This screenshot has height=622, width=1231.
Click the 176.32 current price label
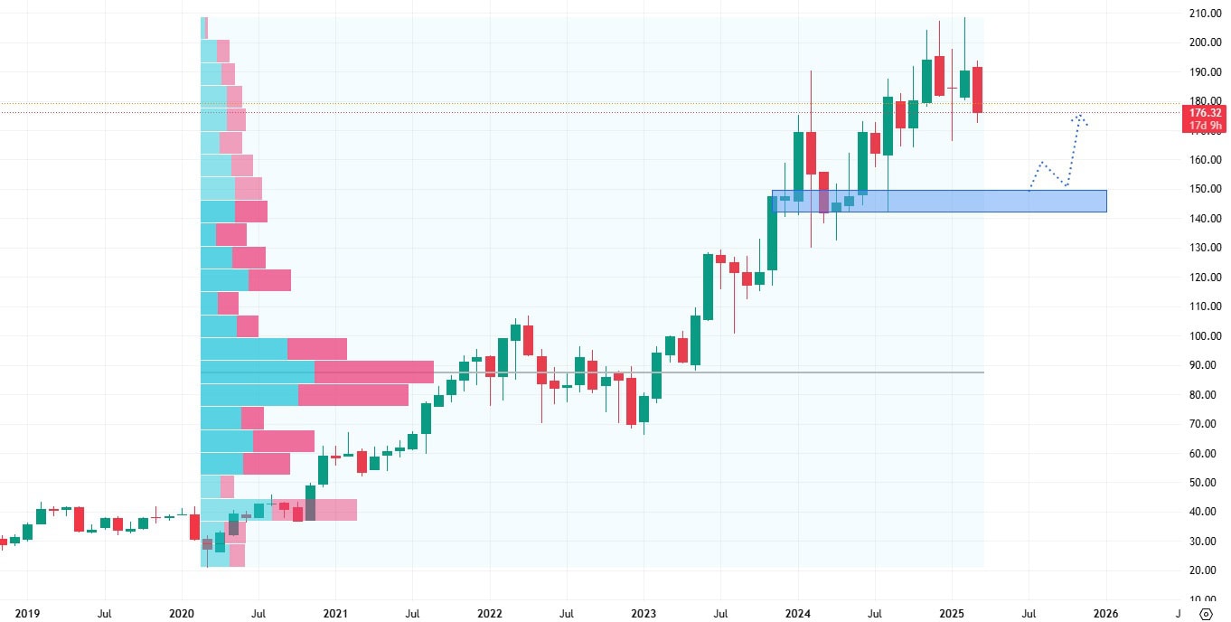[1205, 112]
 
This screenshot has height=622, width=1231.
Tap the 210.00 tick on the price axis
[1205, 14]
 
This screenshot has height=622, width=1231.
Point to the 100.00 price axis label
[1205, 336]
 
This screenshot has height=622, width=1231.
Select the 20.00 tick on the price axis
[1205, 570]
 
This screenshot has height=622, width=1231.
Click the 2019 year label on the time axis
[28, 613]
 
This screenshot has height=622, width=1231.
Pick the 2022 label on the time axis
[490, 613]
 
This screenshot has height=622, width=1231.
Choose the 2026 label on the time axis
[1105, 613]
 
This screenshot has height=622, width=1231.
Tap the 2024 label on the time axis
[798, 613]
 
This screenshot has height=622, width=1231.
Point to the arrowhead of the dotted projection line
[1079, 116]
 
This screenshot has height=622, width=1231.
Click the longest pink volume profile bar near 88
[373, 372]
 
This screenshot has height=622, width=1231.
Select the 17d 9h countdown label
[1205, 125]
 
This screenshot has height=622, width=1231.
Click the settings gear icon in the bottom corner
[1206, 613]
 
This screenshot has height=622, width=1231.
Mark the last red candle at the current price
[977, 90]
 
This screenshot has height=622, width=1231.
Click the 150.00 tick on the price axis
[1205, 189]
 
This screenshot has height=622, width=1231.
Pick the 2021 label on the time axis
[335, 613]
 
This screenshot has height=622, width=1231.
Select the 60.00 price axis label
[1205, 454]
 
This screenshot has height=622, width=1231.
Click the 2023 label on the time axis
[644, 613]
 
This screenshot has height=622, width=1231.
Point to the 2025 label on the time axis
[952, 613]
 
